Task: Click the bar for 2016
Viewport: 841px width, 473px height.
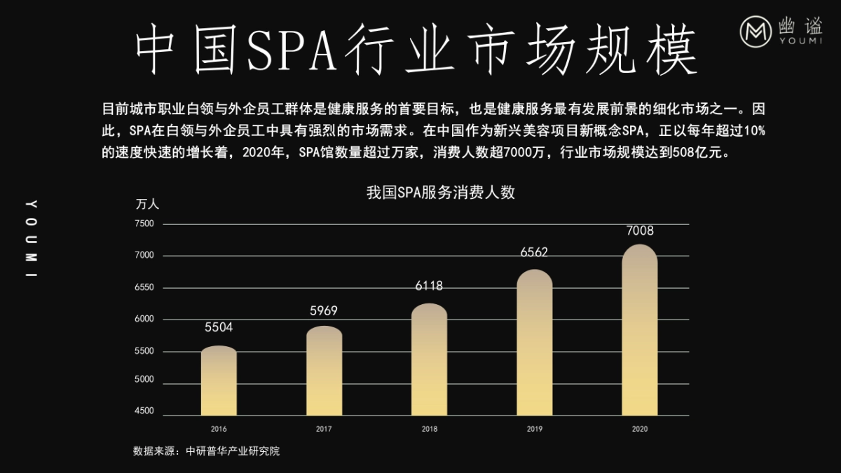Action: pos(219,382)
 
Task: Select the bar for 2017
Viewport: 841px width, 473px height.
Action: pos(324,371)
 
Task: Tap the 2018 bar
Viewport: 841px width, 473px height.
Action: pos(429,360)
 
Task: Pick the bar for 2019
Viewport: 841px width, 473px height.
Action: pos(534,343)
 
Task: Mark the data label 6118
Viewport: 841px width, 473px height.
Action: pos(429,286)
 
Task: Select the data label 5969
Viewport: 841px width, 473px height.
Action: pos(324,311)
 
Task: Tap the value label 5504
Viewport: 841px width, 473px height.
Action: pos(219,327)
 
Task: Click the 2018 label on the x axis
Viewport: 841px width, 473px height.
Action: pos(429,428)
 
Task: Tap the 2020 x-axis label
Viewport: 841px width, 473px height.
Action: pos(639,428)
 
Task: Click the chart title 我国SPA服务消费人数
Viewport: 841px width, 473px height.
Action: pos(440,193)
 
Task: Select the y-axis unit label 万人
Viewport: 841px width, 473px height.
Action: pos(147,205)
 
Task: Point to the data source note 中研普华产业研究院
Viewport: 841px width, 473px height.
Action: pos(206,451)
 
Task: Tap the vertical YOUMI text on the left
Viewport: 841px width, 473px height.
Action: pos(31,239)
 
